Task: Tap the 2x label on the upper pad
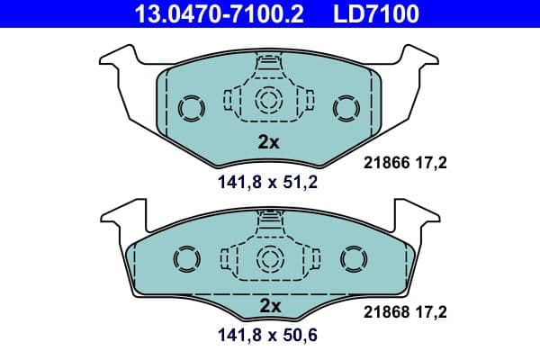(269, 141)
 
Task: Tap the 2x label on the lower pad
(269, 306)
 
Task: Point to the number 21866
(385, 162)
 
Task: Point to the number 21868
(385, 312)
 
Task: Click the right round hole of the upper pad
(346, 108)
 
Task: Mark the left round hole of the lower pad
(184, 261)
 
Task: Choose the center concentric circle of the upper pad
(269, 101)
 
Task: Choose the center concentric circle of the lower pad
(269, 258)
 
